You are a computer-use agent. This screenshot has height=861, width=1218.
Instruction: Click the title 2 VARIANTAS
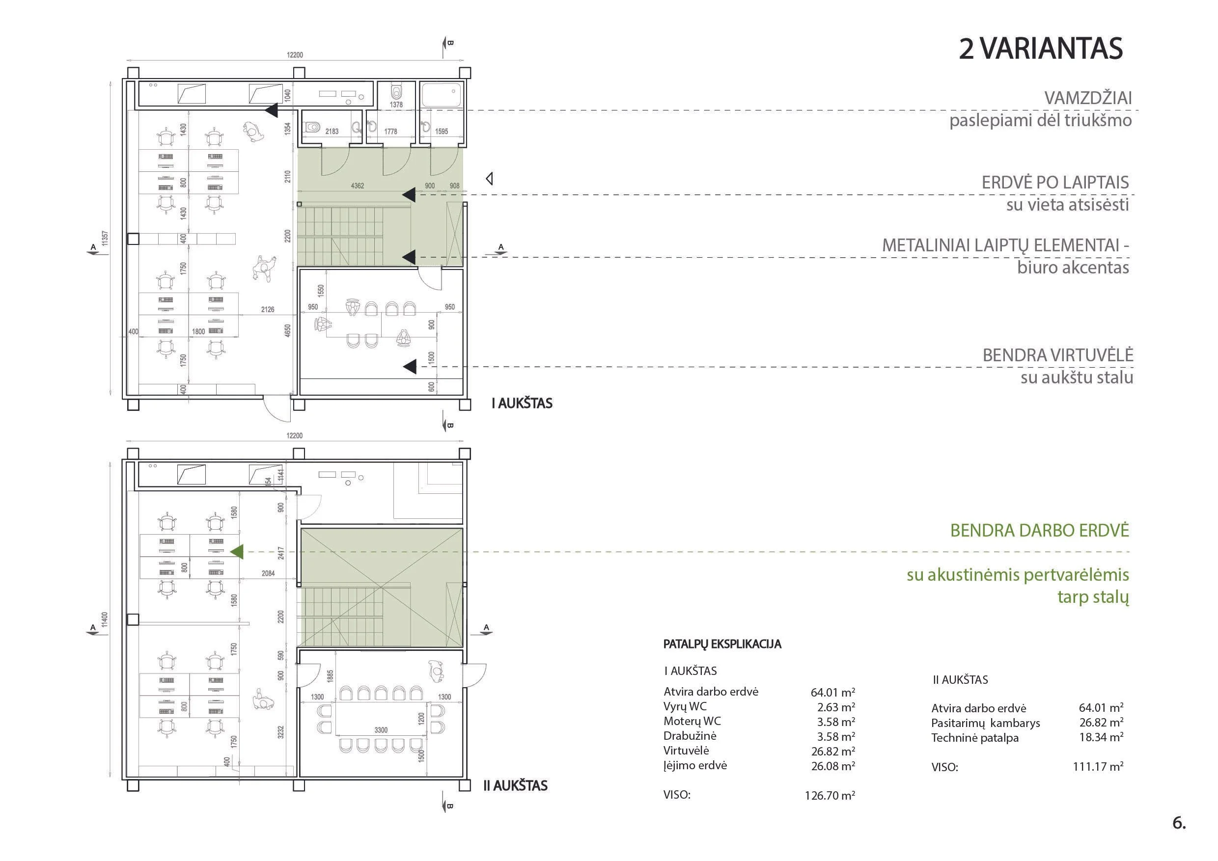[1040, 49]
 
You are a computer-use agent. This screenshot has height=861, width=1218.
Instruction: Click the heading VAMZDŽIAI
[1088, 98]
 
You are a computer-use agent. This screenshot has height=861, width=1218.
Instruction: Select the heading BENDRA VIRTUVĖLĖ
[1058, 355]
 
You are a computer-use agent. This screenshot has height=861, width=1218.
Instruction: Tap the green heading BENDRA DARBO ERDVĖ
[1039, 531]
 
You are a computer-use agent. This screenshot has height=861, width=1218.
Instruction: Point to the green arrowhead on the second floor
[237, 552]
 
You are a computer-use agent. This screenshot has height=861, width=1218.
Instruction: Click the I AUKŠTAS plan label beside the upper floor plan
[522, 404]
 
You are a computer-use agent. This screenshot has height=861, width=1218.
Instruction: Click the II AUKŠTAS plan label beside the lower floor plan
[515, 786]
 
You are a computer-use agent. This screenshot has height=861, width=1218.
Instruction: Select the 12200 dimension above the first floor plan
[295, 55]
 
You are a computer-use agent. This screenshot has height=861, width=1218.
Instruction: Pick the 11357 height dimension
[105, 238]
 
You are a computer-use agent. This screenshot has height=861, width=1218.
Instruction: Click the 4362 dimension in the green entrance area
[358, 186]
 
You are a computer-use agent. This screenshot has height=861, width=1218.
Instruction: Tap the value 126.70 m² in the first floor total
[830, 795]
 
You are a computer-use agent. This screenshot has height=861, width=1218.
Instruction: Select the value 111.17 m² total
[1098, 766]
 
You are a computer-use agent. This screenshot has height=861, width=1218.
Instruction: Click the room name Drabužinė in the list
[690, 736]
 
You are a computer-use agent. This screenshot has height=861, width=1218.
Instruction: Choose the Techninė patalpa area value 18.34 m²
[1101, 737]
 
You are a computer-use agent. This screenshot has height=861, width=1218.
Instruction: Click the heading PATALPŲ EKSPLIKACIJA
[722, 644]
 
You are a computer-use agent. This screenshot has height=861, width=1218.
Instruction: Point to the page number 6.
[1179, 823]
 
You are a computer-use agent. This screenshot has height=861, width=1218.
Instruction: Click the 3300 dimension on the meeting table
[381, 730]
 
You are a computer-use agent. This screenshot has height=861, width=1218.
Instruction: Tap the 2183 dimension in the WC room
[332, 132]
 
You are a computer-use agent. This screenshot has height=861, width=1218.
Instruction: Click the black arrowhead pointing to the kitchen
[409, 366]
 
